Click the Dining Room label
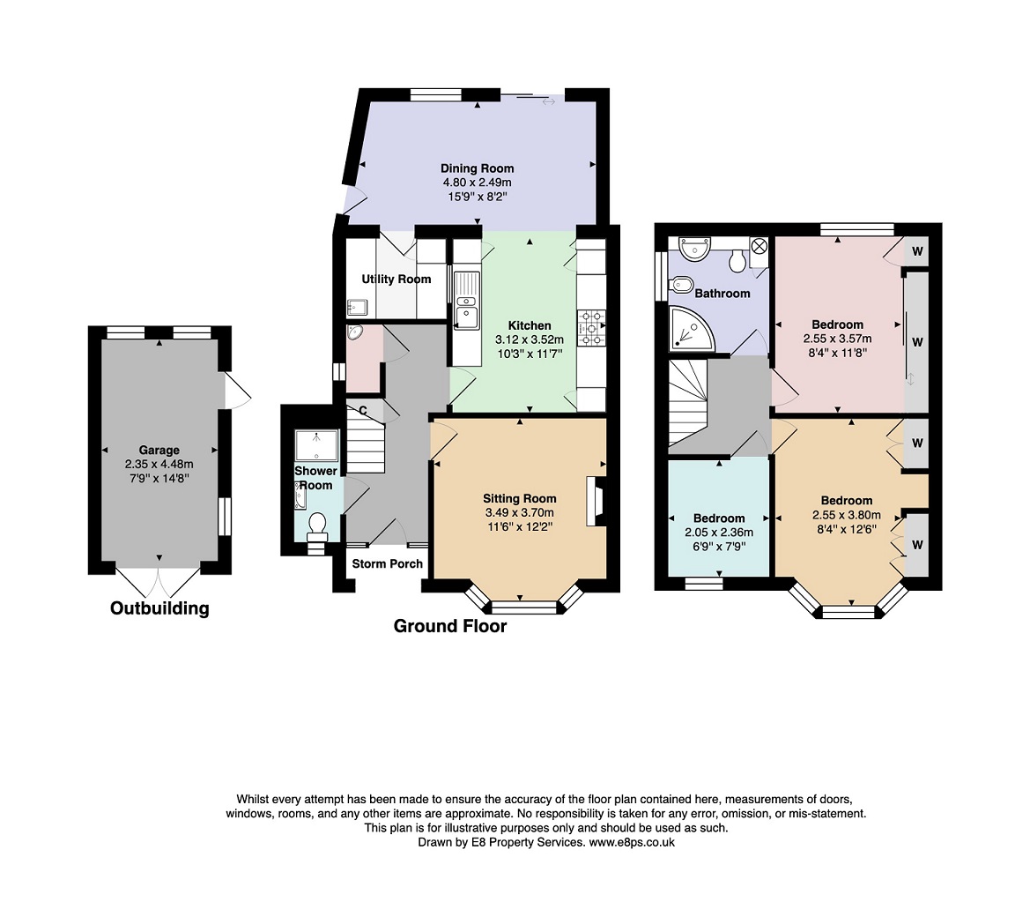click(477, 168)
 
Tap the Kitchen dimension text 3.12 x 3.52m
click(530, 339)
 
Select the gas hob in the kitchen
click(591, 327)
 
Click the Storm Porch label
click(388, 563)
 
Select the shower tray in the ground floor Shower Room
click(316, 445)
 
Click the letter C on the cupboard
click(363, 411)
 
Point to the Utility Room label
click(396, 279)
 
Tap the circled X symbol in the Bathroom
click(759, 247)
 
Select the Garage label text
click(159, 450)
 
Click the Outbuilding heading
click(159, 608)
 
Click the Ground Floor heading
click(450, 626)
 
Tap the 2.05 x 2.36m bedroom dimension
click(719, 533)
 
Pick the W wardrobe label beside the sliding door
click(918, 342)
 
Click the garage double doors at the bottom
click(159, 578)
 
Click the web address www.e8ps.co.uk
click(631, 842)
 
